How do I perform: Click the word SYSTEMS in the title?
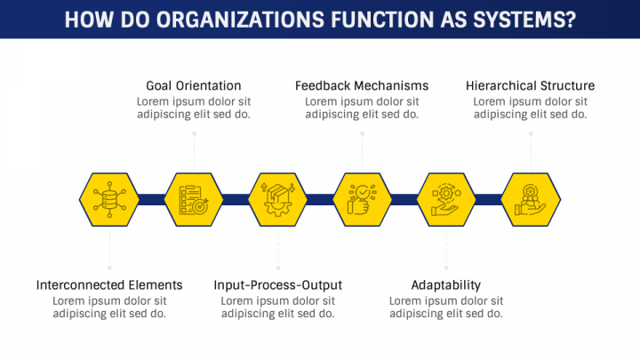(522, 19)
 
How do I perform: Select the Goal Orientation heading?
(194, 85)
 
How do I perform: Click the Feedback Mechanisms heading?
(362, 85)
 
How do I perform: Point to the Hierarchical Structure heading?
(531, 85)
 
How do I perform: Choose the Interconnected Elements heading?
(109, 284)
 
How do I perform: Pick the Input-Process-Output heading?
(278, 284)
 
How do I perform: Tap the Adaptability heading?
(446, 284)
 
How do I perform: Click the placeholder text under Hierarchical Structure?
(531, 108)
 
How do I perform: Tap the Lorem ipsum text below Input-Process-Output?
(278, 307)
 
